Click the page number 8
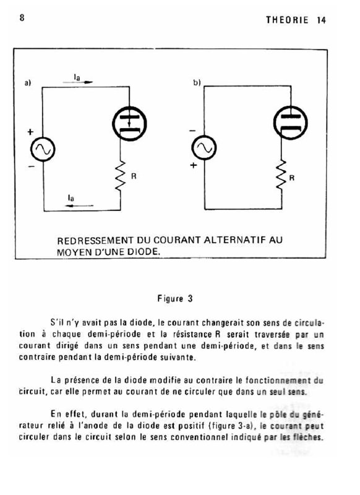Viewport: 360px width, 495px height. pyautogui.click(x=22, y=17)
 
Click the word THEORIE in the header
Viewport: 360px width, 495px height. pyautogui.click(x=287, y=20)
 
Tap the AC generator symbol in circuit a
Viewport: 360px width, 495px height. pyautogui.click(x=43, y=149)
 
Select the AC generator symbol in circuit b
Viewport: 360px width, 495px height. pyautogui.click(x=204, y=148)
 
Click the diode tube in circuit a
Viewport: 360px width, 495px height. pyautogui.click(x=129, y=123)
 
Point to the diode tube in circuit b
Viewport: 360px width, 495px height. pyautogui.click(x=290, y=122)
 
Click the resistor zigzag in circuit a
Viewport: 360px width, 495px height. pyautogui.click(x=121, y=176)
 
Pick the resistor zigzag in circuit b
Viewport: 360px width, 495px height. pyautogui.click(x=281, y=175)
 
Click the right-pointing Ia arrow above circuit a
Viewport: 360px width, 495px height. pyautogui.click(x=77, y=82)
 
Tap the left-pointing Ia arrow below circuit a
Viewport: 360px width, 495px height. pyautogui.click(x=79, y=206)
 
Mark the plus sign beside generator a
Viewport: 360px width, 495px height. pyautogui.click(x=30, y=132)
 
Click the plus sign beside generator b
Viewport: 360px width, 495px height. pyautogui.click(x=194, y=165)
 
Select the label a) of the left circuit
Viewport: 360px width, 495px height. pyautogui.click(x=28, y=83)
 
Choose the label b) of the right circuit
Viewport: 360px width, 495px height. pyautogui.click(x=197, y=83)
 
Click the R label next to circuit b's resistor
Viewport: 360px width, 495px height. pyautogui.click(x=292, y=178)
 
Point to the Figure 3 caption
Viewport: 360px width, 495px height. pyautogui.click(x=175, y=299)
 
